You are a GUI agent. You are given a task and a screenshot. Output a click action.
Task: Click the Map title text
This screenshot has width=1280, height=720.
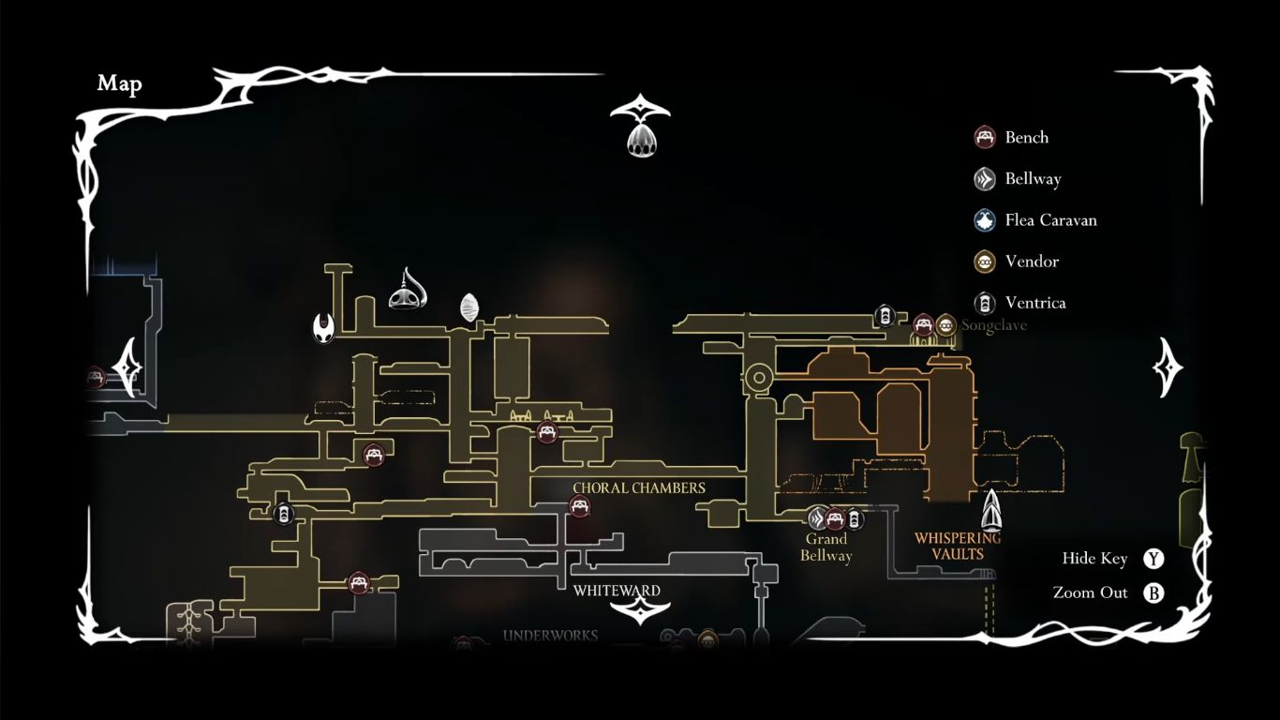click(119, 83)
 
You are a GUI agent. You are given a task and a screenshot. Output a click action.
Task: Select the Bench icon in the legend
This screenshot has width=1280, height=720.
click(984, 138)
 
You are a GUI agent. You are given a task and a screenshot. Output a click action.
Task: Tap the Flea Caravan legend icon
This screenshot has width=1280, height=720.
click(984, 220)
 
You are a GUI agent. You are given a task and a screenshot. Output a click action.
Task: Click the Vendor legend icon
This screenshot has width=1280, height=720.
click(984, 262)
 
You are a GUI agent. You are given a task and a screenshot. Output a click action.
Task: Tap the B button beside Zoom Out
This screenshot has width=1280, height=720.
click(1153, 593)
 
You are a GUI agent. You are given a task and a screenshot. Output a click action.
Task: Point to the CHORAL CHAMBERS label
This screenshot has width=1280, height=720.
click(639, 488)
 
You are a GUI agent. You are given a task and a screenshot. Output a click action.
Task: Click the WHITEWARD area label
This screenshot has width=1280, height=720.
click(617, 591)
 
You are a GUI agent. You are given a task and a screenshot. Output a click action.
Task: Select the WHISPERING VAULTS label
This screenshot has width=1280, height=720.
click(958, 546)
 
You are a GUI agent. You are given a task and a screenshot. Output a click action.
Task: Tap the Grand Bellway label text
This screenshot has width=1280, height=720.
click(826, 547)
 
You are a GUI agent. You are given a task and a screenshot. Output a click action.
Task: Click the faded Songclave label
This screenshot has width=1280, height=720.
click(994, 325)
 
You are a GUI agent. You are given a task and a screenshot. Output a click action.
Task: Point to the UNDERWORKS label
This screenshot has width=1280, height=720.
click(550, 636)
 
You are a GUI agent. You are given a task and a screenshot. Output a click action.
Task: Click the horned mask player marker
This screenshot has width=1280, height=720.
click(323, 327)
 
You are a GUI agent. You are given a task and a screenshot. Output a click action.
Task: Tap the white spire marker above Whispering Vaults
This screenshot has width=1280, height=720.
click(991, 510)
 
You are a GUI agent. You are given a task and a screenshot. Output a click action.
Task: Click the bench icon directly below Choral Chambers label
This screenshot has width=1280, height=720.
click(580, 507)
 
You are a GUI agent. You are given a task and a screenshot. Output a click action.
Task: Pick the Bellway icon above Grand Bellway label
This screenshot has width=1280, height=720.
click(817, 518)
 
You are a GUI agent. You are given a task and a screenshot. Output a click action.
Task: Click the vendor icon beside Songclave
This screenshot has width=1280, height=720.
click(945, 325)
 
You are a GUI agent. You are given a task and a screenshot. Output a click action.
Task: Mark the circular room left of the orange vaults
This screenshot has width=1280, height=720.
click(758, 379)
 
